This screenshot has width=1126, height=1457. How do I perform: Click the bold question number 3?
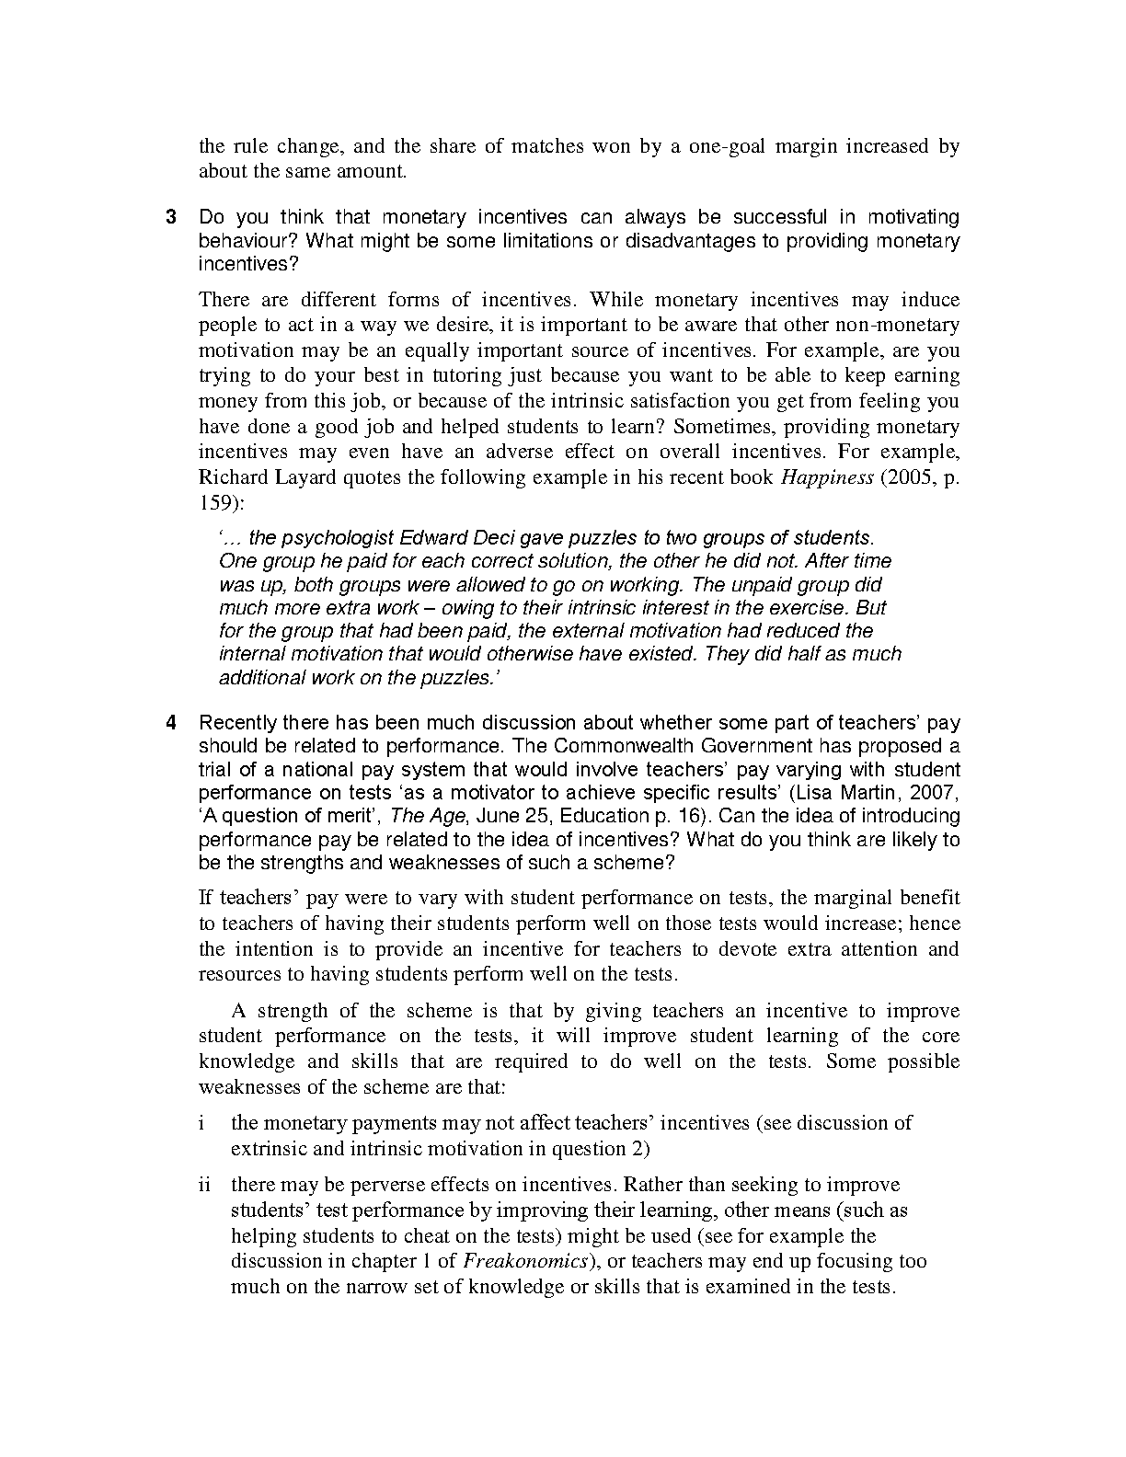pos(171,218)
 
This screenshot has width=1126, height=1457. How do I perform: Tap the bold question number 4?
pos(171,723)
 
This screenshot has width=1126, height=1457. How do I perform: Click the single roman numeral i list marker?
pos(201,1123)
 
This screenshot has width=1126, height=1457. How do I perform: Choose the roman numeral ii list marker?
pos(204,1185)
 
